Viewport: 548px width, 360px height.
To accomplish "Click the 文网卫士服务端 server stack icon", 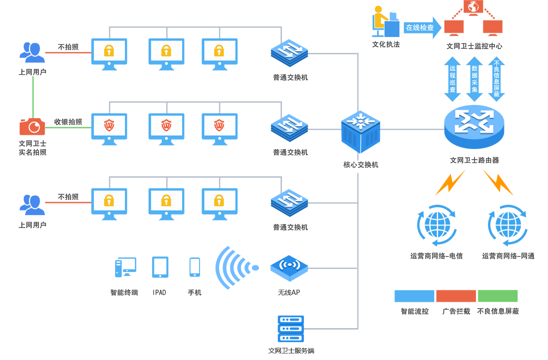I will pos(291,329).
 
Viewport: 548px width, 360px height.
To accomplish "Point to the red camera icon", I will pos(32,127).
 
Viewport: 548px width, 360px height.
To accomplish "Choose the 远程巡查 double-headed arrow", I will pos(452,79).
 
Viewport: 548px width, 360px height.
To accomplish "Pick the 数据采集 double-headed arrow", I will pos(474,79).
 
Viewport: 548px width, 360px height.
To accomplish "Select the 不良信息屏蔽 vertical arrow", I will pos(496,79).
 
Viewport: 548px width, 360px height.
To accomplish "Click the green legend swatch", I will pos(497,296).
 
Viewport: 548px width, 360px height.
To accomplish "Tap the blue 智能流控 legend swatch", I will pos(414,296).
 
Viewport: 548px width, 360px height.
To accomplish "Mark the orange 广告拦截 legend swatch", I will pos(456,296).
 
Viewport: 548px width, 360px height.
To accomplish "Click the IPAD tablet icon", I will pos(160,267).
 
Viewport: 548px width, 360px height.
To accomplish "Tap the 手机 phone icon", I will pos(194,267).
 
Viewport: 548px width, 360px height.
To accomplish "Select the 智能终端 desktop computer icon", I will pos(125,267).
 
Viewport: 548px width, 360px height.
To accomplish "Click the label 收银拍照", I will pos(68,122).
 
